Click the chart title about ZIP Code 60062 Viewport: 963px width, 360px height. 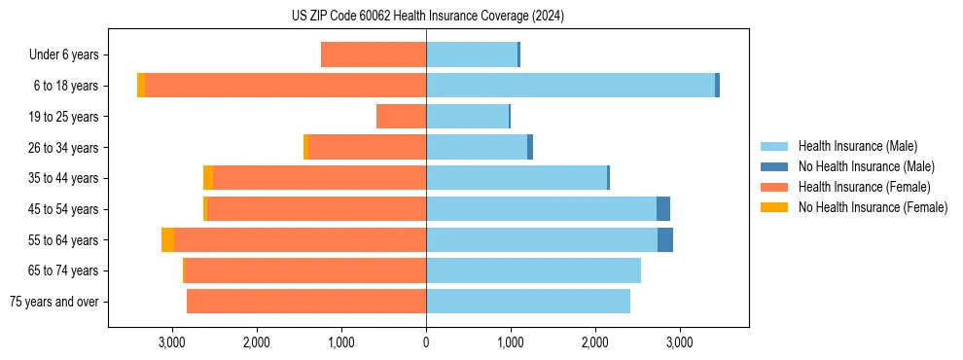428,17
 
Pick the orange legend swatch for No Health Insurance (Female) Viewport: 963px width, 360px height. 775,207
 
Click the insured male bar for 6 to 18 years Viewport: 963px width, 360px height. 570,86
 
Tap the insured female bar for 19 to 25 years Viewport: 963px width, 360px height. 401,117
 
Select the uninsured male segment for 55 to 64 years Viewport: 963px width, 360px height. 665,240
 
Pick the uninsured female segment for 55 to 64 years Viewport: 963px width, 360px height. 167,240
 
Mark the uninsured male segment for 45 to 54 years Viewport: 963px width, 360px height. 663,209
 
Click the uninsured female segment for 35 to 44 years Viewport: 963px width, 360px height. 208,178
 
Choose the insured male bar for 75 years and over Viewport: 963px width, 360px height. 528,302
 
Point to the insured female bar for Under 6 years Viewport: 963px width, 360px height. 374,55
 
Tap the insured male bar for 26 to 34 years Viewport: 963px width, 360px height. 477,148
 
